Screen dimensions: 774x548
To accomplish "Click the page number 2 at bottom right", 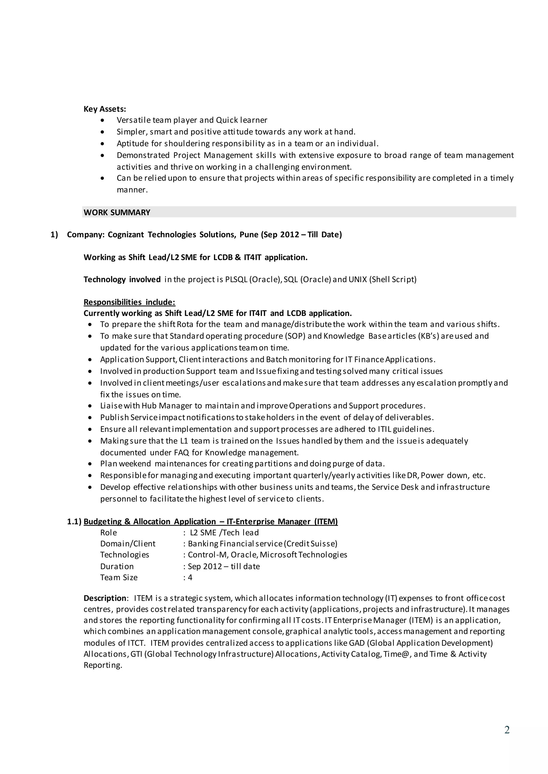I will (x=507, y=730).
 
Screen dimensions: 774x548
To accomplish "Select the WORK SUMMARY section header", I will (x=117, y=212).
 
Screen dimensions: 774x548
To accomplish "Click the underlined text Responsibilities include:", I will (x=129, y=302).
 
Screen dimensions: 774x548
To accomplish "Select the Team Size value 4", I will (x=190, y=578).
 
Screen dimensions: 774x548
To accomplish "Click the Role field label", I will (x=108, y=533).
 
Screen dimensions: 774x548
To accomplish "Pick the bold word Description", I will (x=105, y=598).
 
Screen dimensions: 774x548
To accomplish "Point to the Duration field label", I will (x=117, y=566).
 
